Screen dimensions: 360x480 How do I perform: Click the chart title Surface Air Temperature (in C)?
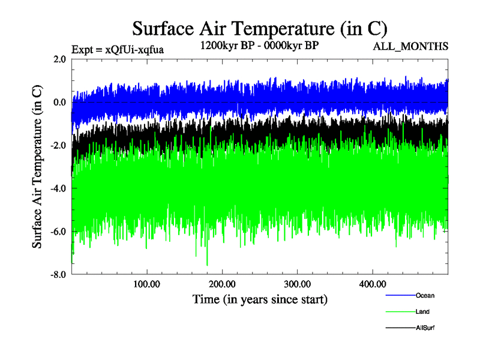tap(260, 29)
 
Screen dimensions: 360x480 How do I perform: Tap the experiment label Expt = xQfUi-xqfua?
tap(118, 50)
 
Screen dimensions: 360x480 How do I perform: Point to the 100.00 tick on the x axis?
tap(147, 284)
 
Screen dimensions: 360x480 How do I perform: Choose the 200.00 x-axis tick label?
tap(222, 284)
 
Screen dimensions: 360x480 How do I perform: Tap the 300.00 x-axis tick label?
tap(297, 284)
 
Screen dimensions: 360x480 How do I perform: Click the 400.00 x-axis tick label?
tap(372, 284)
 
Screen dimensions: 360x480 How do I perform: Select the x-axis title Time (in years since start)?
tap(260, 298)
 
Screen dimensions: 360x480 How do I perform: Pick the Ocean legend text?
tap(425, 295)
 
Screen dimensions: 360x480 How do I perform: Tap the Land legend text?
tap(422, 311)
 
